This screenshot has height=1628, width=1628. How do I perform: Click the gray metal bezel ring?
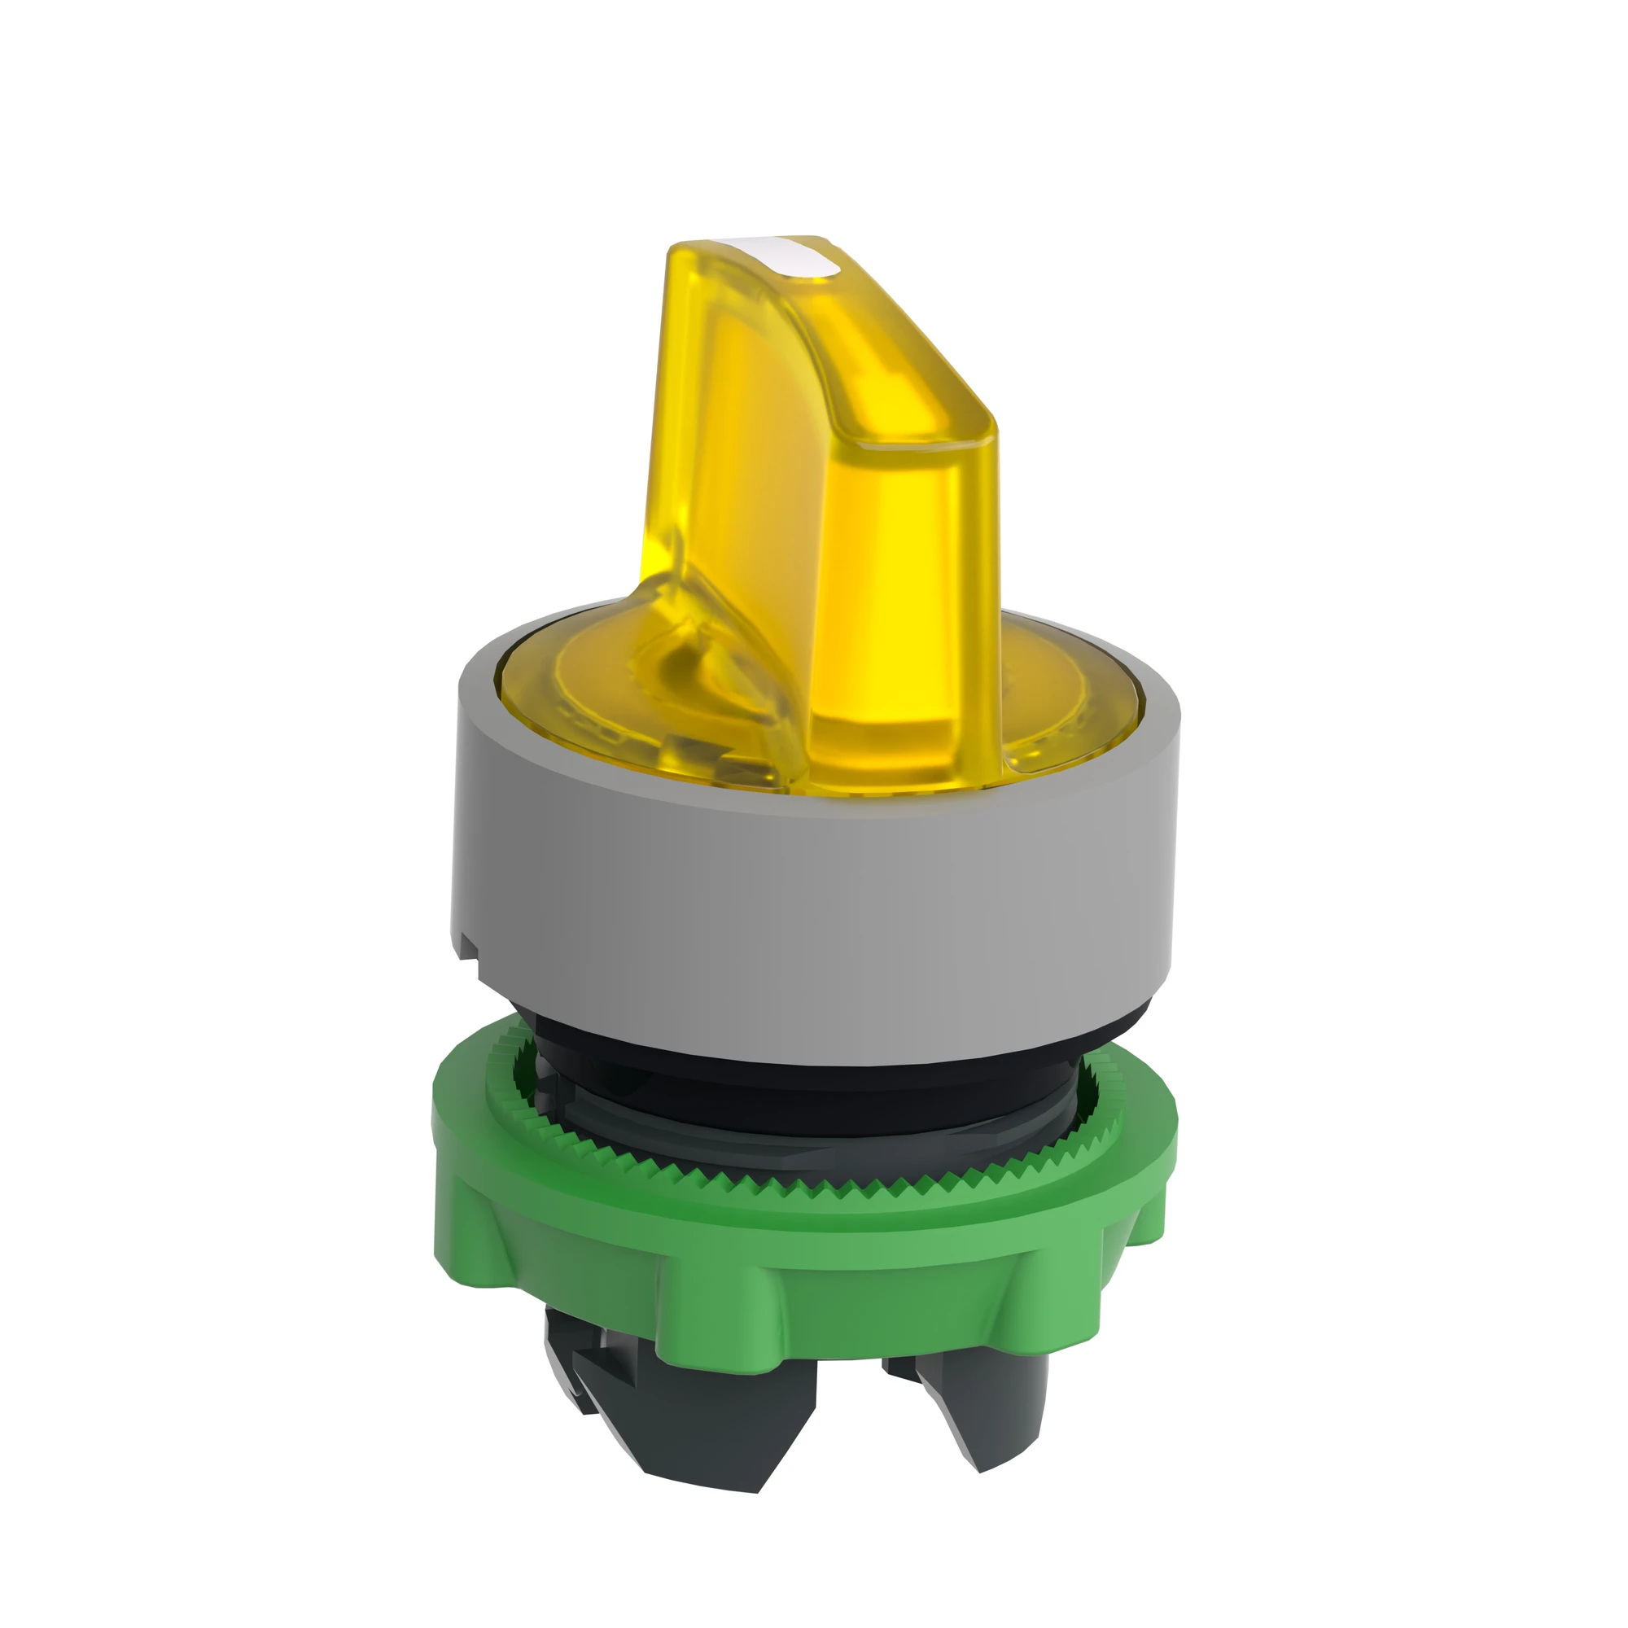coord(809,910)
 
